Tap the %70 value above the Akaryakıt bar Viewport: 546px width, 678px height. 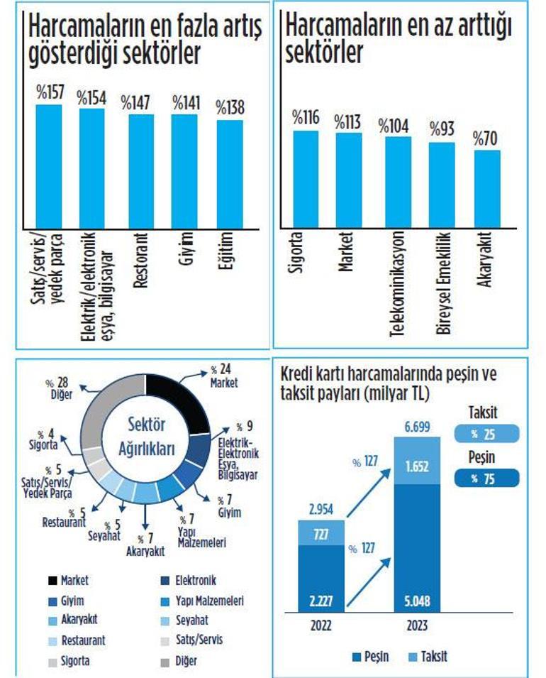[x=487, y=138]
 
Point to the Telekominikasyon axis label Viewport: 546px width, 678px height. [x=399, y=283]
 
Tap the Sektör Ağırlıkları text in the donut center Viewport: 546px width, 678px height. [x=145, y=437]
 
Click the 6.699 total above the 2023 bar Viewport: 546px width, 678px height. [x=416, y=426]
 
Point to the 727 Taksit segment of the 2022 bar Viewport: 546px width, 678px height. [x=321, y=533]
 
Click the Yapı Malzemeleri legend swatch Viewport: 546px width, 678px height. [x=162, y=601]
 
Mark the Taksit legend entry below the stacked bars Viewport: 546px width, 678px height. [x=427, y=657]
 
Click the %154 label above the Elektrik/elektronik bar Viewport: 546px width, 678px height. [x=91, y=98]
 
